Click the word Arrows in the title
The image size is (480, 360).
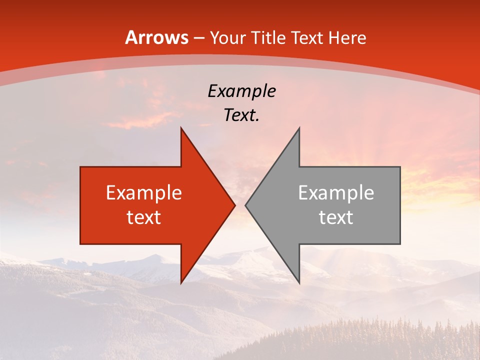157,37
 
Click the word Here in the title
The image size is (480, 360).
347,37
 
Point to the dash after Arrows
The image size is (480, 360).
199,38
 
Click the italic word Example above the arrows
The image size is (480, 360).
241,91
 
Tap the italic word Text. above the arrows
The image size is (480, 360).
241,115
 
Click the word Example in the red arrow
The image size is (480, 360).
144,193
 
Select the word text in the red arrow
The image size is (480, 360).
144,217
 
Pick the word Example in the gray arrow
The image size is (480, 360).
336,193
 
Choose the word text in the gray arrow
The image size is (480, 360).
336,217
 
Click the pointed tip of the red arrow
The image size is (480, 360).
235,205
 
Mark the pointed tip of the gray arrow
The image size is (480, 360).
245,205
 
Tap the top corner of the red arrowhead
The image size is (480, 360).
181,128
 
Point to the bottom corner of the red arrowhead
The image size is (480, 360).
181,283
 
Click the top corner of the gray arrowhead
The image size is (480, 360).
299,128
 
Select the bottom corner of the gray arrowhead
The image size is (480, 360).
299,283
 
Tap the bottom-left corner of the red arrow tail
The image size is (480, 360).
80,244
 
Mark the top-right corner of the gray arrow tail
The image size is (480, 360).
400,167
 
